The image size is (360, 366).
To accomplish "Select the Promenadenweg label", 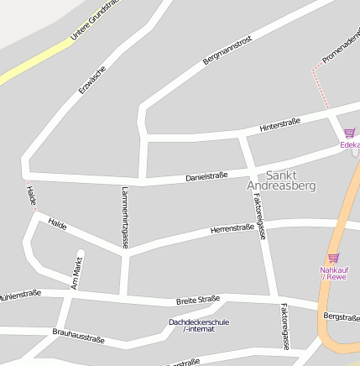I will pos(341,47).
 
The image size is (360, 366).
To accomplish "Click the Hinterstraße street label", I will pos(280,124).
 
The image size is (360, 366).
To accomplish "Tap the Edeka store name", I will pos(349,144).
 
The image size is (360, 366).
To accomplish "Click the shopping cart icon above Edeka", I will pos(349,133).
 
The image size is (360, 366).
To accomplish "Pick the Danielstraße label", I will pos(206,176).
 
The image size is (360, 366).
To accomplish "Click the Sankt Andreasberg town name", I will pos(281,180).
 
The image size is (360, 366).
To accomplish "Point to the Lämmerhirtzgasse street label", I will pos(125,217).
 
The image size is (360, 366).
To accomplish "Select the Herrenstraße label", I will pos(232,227).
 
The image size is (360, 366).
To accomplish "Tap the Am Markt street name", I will pos(78,272).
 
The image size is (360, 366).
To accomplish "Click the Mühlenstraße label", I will pos(18,295).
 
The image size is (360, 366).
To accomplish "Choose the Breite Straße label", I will pos(198,299).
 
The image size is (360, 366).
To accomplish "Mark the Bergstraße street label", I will pos(342,316).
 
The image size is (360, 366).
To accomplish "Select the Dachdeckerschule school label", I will pos(199,325).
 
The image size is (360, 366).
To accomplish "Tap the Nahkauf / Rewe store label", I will pos(333,273).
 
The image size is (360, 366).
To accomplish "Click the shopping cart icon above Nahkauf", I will pos(333,257).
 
